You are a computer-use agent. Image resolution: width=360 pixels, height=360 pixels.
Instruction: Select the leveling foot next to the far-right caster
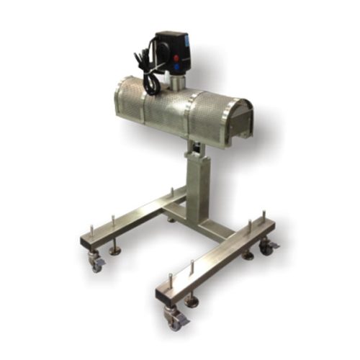pos(248,254)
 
